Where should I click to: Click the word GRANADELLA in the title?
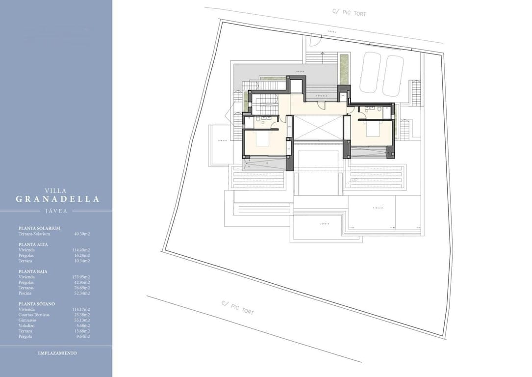point(57,199)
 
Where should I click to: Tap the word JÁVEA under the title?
point(56,211)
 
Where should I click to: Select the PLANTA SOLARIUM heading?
point(39,228)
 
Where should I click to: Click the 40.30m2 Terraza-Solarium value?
point(82,234)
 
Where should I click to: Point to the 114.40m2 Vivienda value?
point(81,250)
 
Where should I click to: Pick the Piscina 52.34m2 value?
point(81,293)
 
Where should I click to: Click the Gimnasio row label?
point(27,320)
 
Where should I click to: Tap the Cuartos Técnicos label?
point(34,315)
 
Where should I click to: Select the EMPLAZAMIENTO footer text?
point(57,353)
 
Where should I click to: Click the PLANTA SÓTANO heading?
point(36,304)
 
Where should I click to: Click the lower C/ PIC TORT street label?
point(237,307)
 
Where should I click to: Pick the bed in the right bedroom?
point(371,130)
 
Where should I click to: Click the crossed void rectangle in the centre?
point(318,127)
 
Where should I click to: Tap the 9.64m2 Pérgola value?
point(83,336)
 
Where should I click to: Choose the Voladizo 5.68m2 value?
point(83,325)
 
